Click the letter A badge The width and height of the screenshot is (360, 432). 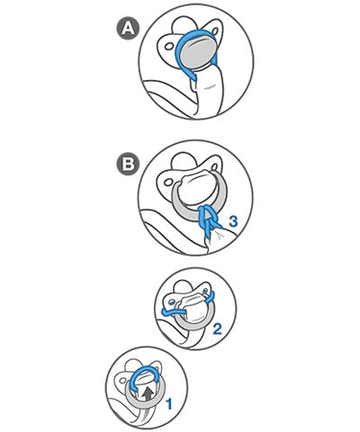click(128, 29)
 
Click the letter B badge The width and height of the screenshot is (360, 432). click(128, 164)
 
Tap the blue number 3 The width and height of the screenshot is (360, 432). click(233, 221)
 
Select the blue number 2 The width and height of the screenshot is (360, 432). click(217, 328)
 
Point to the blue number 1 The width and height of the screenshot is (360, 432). click(169, 404)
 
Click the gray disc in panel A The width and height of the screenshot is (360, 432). click(197, 54)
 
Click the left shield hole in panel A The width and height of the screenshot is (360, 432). click(169, 46)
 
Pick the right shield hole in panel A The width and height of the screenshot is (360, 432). click(215, 31)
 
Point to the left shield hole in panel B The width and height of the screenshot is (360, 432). click(168, 182)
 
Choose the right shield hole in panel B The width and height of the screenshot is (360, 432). click(215, 166)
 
